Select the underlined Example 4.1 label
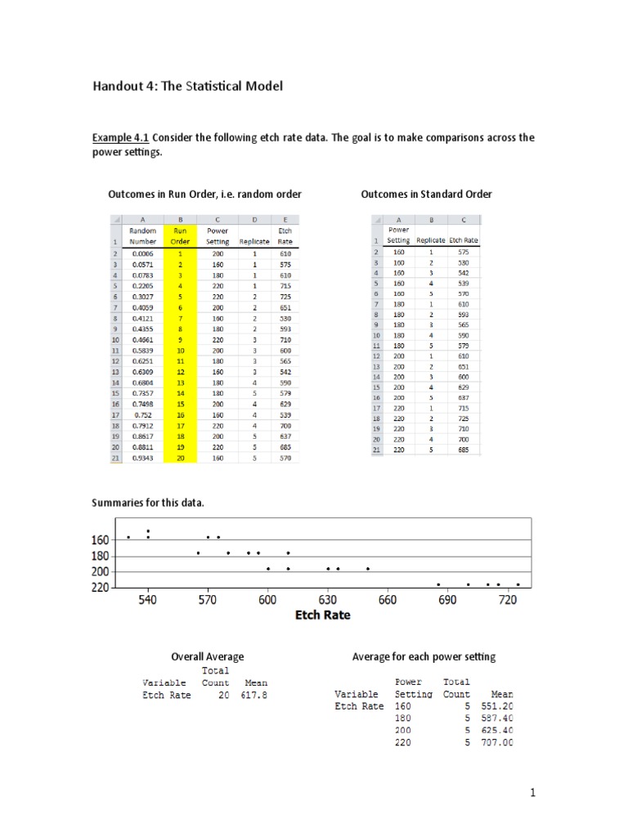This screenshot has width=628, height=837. (x=120, y=137)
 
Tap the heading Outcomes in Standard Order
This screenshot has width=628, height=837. (x=426, y=194)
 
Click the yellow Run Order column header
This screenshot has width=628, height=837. (x=180, y=236)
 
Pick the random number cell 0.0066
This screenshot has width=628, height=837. (x=143, y=254)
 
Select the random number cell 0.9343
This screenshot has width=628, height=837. (x=143, y=458)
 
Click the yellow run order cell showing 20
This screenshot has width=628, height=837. (x=180, y=458)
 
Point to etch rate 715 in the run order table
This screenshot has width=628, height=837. (x=284, y=286)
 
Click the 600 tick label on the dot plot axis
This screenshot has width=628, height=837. (x=267, y=601)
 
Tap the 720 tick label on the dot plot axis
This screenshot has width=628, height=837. (x=508, y=601)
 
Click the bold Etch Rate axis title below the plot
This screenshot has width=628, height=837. (x=322, y=615)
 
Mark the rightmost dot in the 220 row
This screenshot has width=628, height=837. (x=518, y=584)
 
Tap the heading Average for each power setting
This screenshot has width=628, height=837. (x=424, y=656)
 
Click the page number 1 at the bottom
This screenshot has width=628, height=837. (x=532, y=792)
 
